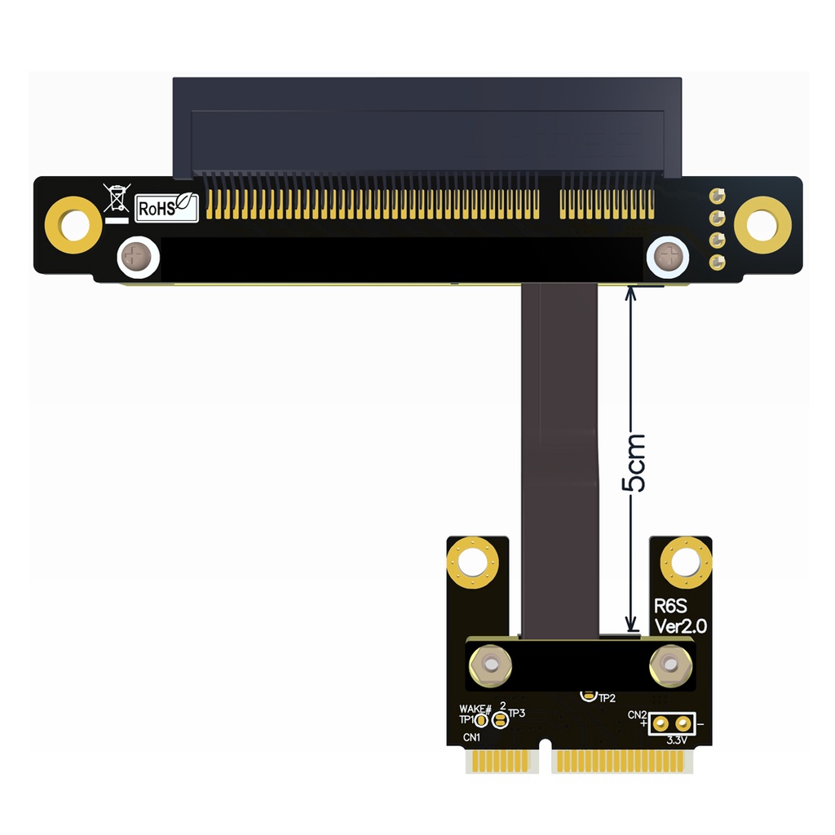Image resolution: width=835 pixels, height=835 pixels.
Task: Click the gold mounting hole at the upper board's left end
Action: point(73,225)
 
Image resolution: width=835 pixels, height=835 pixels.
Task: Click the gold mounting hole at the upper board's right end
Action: point(762,225)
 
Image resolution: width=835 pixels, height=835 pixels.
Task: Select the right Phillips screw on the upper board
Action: point(668,258)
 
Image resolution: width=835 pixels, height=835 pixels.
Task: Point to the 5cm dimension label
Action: point(634,463)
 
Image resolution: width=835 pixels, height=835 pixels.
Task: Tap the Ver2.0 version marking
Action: point(682,626)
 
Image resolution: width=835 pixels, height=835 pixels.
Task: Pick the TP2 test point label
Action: point(607,698)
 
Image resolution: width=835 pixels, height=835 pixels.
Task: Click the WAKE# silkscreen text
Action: point(475,709)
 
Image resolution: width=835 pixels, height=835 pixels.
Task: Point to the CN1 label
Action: point(471,737)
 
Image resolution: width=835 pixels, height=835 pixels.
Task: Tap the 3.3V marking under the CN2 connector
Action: point(677,740)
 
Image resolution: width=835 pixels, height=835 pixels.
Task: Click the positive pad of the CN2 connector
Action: point(660,722)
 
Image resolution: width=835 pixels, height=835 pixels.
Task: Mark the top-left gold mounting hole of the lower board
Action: point(472,563)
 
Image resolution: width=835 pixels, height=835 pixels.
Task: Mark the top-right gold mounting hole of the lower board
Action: point(686,563)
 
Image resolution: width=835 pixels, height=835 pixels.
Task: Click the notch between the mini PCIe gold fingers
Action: point(544,762)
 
